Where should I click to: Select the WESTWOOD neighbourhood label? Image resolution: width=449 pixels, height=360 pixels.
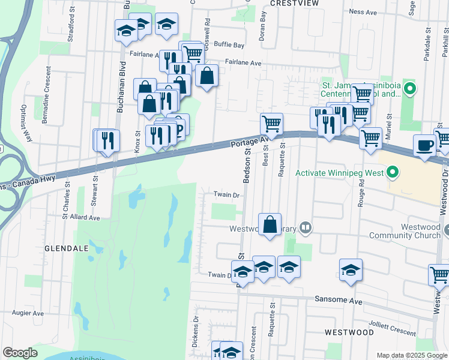click(x=349, y=332)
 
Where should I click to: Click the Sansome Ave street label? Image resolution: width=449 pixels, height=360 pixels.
click(x=331, y=299)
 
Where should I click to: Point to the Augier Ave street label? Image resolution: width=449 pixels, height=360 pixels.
click(x=28, y=313)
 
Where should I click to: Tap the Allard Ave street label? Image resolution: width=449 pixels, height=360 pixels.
click(x=85, y=218)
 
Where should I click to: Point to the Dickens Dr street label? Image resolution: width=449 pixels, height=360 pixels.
click(x=195, y=333)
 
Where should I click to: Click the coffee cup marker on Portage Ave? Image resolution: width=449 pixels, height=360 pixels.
click(x=425, y=145)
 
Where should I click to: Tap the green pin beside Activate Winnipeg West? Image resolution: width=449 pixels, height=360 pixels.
click(x=393, y=174)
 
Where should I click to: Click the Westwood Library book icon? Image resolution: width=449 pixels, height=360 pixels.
click(x=306, y=228)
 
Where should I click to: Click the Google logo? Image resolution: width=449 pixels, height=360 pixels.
click(x=20, y=353)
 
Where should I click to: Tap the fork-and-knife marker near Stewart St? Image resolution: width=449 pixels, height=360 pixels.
click(x=107, y=140)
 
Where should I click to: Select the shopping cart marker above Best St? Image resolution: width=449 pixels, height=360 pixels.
click(x=272, y=124)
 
